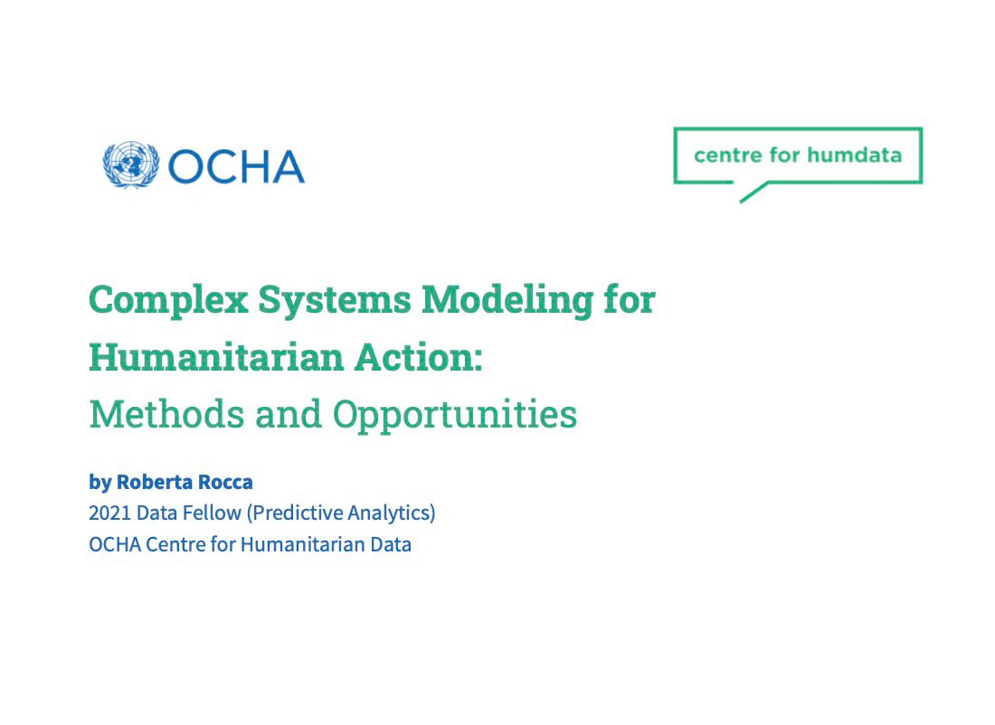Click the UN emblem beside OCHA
click(131, 165)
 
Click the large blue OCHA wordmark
click(236, 166)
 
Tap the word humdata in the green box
click(854, 155)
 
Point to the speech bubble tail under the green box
click(752, 193)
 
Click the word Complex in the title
click(168, 300)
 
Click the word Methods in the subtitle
click(166, 414)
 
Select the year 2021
click(109, 513)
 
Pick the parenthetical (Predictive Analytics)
click(342, 513)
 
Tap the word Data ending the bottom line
click(391, 545)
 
